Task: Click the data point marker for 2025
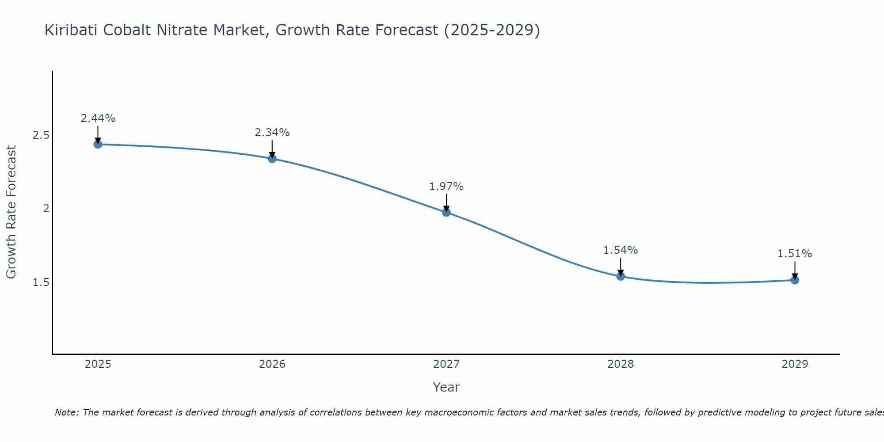(x=98, y=144)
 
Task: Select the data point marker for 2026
(x=272, y=159)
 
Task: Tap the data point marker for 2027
(x=446, y=212)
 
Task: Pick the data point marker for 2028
(x=621, y=276)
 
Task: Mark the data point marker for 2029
(x=795, y=280)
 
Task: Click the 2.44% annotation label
(x=98, y=118)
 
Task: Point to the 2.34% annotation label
(x=272, y=133)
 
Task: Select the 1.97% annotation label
(x=446, y=187)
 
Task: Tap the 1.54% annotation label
(x=621, y=250)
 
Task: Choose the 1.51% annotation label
(x=795, y=254)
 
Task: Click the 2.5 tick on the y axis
(x=41, y=135)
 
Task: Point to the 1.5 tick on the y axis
(x=41, y=282)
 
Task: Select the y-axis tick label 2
(x=46, y=209)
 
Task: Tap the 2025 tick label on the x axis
(x=98, y=364)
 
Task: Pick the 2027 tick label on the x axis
(x=446, y=364)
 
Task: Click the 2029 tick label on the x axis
(x=795, y=364)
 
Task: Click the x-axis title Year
(x=446, y=387)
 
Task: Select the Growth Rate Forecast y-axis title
(x=11, y=212)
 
